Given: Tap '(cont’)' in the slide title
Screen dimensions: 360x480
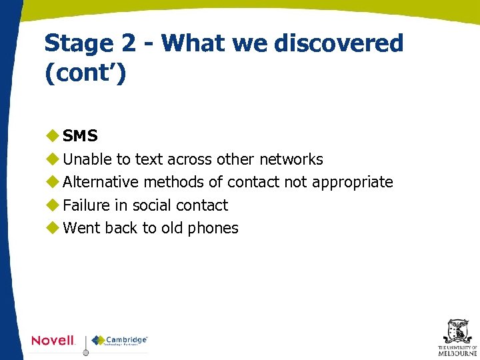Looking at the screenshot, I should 85,73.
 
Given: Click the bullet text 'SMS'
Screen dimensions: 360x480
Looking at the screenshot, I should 80,136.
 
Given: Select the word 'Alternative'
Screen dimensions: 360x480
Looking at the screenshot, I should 101,182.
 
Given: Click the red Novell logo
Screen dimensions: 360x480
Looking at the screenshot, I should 53,341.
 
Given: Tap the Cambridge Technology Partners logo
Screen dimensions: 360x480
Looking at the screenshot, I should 120,341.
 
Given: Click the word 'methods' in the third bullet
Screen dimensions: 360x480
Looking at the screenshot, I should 183,182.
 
